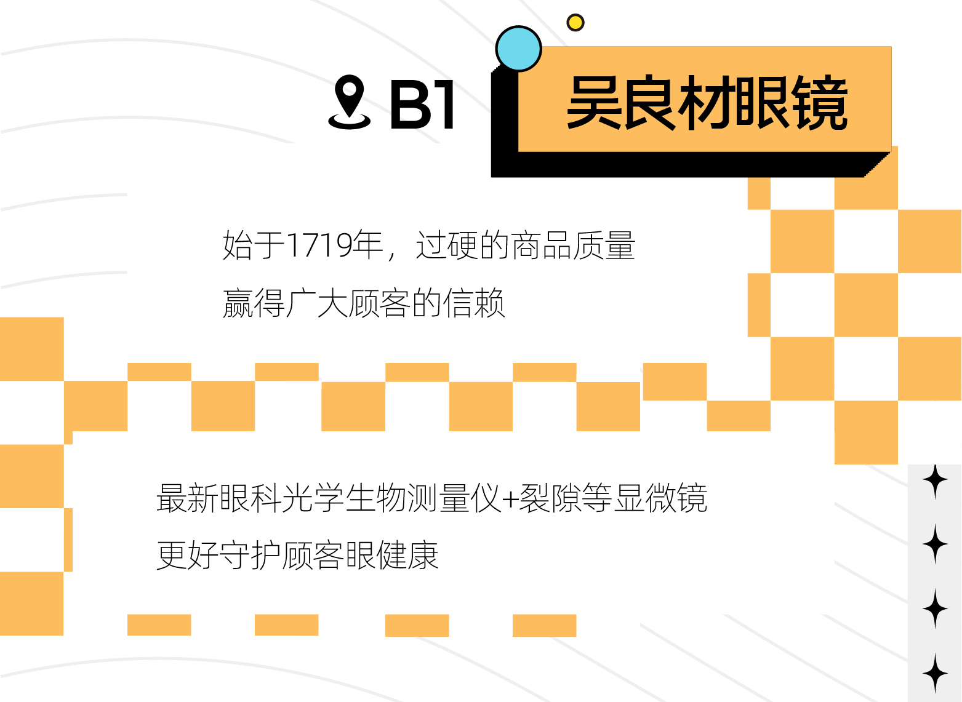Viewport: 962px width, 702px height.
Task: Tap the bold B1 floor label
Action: pos(422,105)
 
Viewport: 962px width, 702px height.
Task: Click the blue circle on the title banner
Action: pos(518,49)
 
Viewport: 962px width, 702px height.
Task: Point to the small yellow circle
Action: pos(575,22)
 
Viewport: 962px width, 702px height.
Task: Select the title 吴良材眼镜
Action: pos(707,102)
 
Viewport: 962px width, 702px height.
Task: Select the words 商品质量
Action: pos(573,245)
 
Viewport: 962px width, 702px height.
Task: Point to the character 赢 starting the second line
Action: pos(238,303)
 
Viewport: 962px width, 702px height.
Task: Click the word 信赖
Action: pos(474,303)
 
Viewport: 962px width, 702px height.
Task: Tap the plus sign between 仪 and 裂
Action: pos(510,500)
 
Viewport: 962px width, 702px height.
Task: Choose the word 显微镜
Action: pos(660,498)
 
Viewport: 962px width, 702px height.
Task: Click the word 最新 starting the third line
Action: pos(188,498)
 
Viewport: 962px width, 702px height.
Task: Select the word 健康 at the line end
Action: pos(407,555)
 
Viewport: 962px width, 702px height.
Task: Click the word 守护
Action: pos(250,555)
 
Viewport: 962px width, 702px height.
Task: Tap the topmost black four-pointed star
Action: pos(935,481)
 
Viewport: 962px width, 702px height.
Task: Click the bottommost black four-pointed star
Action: pos(935,673)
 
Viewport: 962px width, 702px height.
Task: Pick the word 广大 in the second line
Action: pos(316,303)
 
